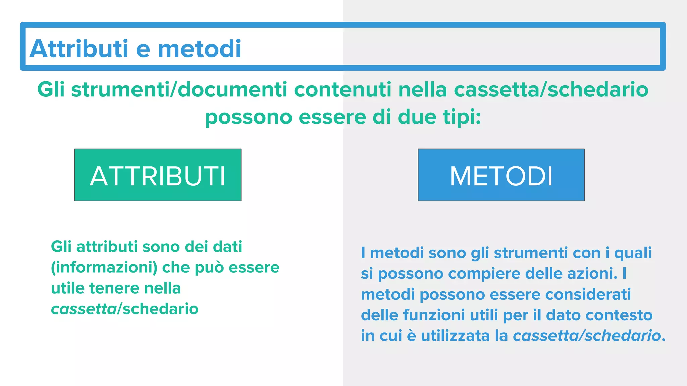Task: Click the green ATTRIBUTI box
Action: [158, 175]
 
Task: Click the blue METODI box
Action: [501, 175]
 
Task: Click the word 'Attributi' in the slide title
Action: [79, 49]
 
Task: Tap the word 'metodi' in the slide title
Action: [199, 49]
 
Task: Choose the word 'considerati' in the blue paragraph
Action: [588, 295]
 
